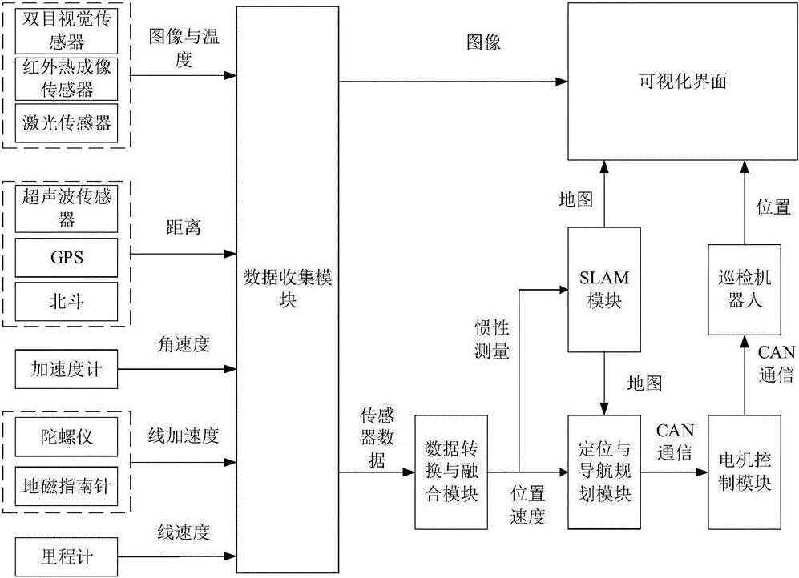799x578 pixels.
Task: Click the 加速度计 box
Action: tap(67, 371)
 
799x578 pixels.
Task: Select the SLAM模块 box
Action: tap(604, 290)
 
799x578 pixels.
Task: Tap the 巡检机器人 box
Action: tap(744, 289)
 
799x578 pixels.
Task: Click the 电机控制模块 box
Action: tap(744, 472)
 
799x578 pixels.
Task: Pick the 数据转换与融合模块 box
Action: tap(450, 472)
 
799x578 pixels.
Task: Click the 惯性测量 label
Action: tap(491, 339)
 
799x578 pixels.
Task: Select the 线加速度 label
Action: tap(184, 436)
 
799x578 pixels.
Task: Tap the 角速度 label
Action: tap(184, 345)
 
